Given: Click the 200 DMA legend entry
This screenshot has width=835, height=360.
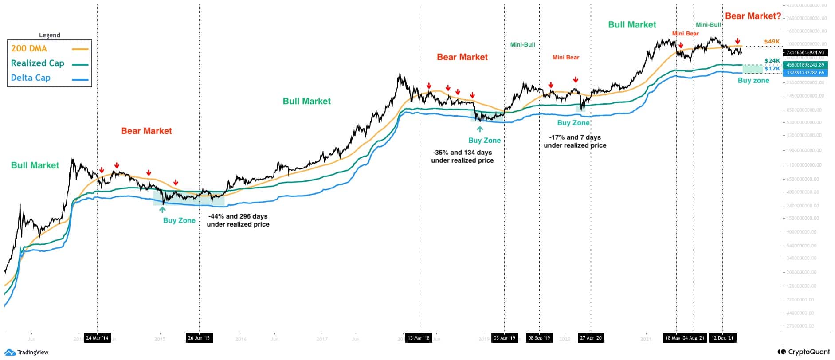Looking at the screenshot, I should click(29, 48).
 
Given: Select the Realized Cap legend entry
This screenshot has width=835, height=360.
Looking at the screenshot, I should click(37, 63).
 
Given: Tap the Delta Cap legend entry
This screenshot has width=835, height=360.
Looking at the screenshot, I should click(31, 78).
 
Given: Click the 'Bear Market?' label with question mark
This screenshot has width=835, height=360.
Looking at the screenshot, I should click(753, 16).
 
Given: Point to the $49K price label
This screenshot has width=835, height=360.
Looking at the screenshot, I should click(772, 42).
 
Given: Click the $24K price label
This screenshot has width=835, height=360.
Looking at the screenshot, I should click(772, 61).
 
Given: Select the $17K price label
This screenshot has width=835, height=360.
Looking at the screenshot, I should click(772, 69).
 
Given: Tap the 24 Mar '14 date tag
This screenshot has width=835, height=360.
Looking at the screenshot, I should click(97, 338).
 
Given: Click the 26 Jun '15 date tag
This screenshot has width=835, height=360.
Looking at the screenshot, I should click(199, 338).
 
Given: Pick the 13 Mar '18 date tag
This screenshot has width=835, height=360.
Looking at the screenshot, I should click(419, 338).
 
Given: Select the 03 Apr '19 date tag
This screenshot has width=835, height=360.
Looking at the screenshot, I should click(504, 338).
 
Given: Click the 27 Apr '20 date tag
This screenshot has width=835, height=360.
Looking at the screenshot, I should click(591, 338).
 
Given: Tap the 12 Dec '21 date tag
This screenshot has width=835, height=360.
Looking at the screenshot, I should click(722, 338).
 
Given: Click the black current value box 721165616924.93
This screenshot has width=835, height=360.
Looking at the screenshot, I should click(805, 52).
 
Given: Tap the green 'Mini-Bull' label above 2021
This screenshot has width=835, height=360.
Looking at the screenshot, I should click(708, 25).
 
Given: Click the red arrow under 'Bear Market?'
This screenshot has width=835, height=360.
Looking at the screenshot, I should click(737, 41).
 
